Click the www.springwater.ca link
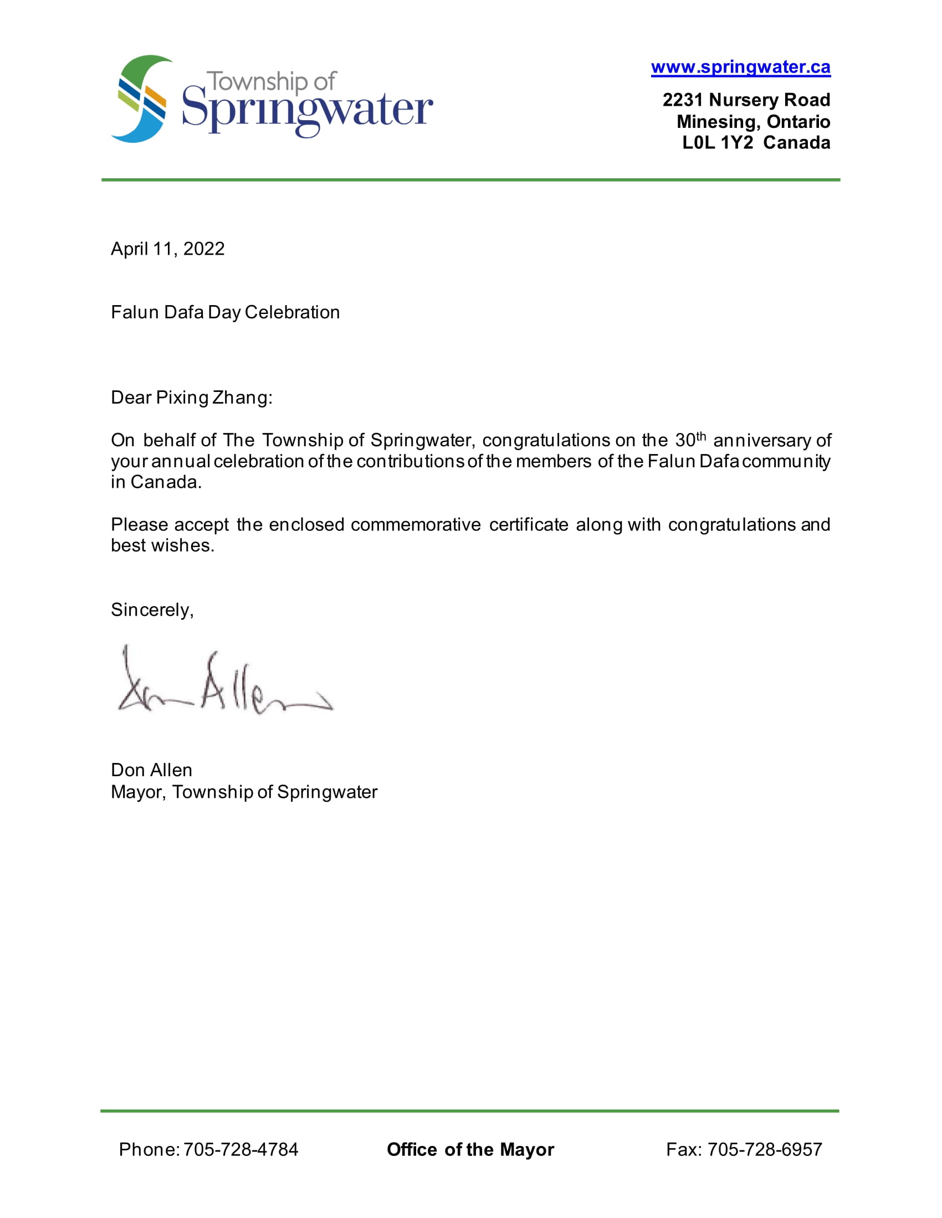tap(740, 68)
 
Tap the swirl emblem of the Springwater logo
tap(142, 99)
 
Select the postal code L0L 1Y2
tap(717, 143)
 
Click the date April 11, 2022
tap(167, 249)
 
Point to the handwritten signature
tap(223, 684)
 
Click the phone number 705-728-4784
tap(240, 1149)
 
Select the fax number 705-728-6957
tap(765, 1149)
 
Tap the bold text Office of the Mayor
tap(470, 1149)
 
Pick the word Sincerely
tap(151, 610)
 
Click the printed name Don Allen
tap(151, 770)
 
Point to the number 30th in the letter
tap(690, 440)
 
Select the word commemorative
tap(416, 525)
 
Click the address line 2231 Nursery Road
tap(746, 100)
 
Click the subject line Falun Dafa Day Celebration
tap(225, 312)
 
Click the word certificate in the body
tap(529, 525)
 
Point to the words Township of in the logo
tap(272, 82)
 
